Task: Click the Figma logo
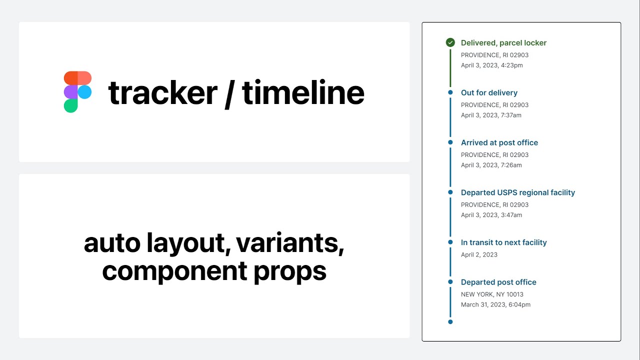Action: (x=77, y=92)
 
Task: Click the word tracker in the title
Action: (x=162, y=93)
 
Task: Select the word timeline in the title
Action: (x=303, y=93)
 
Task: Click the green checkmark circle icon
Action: (x=450, y=42)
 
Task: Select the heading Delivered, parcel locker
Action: (x=503, y=43)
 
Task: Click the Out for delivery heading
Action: (x=489, y=93)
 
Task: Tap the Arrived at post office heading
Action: (x=499, y=143)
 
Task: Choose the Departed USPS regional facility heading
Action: (x=517, y=193)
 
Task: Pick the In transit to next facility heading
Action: (x=503, y=242)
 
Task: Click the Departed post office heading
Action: (x=498, y=282)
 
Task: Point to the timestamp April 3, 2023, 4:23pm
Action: (x=491, y=65)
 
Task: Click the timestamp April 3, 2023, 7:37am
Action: (x=491, y=115)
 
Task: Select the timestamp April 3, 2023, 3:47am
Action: (x=491, y=215)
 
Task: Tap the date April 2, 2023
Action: (x=479, y=255)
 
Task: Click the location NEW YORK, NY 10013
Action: (x=492, y=294)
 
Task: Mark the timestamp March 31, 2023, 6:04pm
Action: (x=495, y=305)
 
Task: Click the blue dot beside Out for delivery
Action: (x=450, y=92)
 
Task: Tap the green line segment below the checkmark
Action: (x=450, y=67)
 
